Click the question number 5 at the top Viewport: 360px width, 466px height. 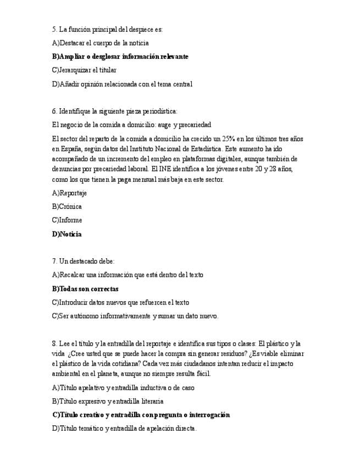click(54, 29)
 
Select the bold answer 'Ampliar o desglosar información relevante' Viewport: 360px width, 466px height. click(120, 57)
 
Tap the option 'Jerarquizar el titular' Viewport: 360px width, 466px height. click(84, 70)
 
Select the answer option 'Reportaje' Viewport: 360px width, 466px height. click(69, 193)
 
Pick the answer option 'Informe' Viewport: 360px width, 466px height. click(67, 220)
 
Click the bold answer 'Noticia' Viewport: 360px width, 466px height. click(67, 234)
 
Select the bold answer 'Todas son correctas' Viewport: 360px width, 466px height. click(85, 289)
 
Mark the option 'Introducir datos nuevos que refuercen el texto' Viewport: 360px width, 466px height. click(120, 302)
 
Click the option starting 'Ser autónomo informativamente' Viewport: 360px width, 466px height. click(135, 316)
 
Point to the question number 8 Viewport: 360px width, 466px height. click(54, 343)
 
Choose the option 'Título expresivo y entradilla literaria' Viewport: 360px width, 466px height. click(108, 401)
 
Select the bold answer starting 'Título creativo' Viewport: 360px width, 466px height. click(141, 415)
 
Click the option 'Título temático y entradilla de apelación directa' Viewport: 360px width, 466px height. click(124, 429)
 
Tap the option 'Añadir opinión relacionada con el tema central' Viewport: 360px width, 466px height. click(122, 84)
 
